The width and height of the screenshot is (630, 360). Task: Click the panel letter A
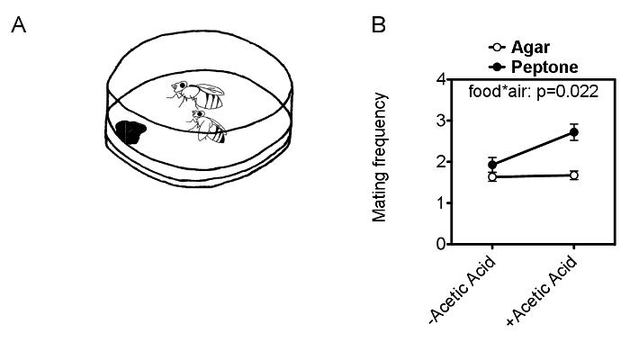tap(17, 27)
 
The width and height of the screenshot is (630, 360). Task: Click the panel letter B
tap(381, 27)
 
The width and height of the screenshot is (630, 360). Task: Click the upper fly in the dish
tap(199, 92)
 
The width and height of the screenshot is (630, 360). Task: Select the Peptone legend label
tap(541, 67)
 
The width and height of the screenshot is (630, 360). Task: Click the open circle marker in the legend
tap(494, 48)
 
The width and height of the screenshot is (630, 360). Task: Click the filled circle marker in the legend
tap(494, 67)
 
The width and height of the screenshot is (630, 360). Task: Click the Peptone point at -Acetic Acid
tap(491, 165)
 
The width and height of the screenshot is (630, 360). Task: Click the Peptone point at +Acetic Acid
tap(574, 132)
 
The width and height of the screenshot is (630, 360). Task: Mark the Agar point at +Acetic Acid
tap(574, 175)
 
